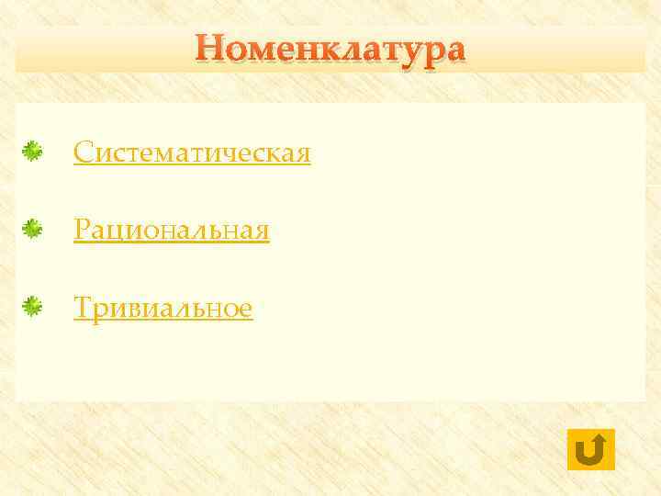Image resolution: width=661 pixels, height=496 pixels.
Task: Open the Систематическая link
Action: coord(192,152)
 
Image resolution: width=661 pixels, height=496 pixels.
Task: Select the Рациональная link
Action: coord(172,231)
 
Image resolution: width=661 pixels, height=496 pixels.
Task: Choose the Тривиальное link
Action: coord(162,309)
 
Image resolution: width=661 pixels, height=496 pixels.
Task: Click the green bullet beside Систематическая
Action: coord(33,152)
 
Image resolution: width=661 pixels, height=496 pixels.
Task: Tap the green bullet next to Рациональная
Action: coord(33,230)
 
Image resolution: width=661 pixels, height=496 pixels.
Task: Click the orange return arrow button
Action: coord(591,449)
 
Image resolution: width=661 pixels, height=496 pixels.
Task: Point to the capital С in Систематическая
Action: coord(83,152)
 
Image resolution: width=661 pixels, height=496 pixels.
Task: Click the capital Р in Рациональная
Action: coord(82,231)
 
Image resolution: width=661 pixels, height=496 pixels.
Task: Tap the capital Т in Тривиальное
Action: coord(83,309)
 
